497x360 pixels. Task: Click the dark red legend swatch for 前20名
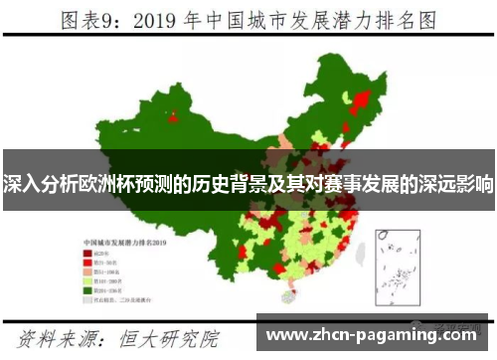coord(86,253)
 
